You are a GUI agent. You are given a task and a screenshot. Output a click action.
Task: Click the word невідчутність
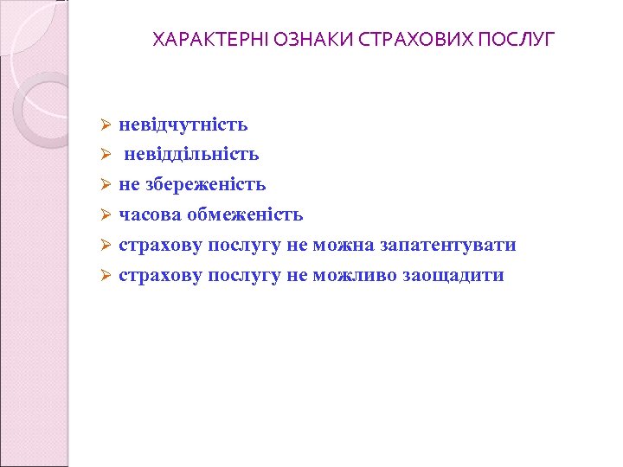183,125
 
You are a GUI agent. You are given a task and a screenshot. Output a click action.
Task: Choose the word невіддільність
191,155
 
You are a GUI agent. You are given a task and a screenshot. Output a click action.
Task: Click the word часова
146,215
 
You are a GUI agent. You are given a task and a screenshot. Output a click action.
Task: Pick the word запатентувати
446,246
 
